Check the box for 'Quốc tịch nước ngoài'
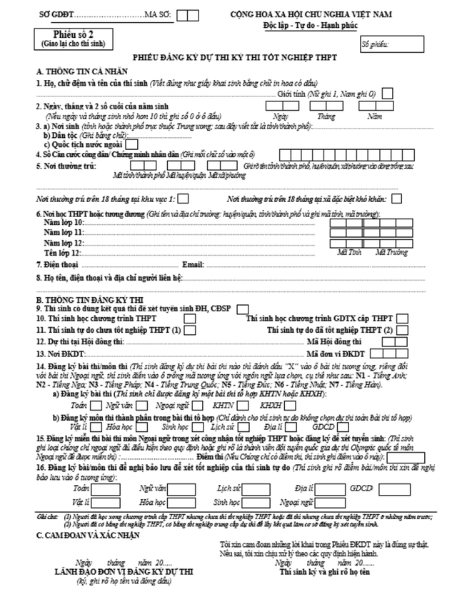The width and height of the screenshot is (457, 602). coord(131,143)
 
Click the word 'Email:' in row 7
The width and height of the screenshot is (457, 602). coord(194,265)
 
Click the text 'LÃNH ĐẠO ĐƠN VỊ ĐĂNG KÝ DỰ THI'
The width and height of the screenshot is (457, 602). coord(124,572)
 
